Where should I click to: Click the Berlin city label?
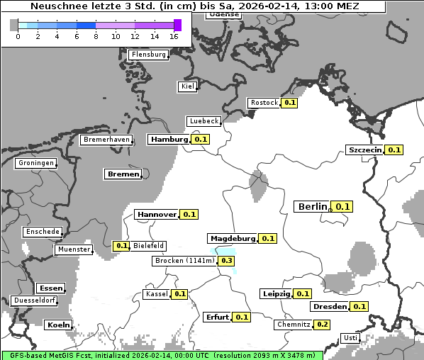coord(312,207)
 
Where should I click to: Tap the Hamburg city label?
coord(169,140)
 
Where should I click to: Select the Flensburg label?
coord(148,55)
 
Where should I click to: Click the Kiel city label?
coord(187,86)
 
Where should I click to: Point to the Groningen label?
coord(36,163)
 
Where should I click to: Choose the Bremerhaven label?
coord(106,140)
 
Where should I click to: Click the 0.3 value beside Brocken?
coord(227,261)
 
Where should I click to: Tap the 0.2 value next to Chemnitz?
coord(322,325)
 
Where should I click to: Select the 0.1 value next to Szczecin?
coord(394,150)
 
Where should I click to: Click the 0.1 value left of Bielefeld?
coord(121,246)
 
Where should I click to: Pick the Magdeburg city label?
coord(232,238)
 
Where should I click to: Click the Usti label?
coord(350,338)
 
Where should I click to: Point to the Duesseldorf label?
coord(34,300)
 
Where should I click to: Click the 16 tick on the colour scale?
coord(174,36)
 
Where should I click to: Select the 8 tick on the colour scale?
coord(96,36)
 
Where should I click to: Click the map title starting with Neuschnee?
coord(194,6)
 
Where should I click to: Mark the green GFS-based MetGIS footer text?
coord(162,355)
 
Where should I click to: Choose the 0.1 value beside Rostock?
coord(289,103)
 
